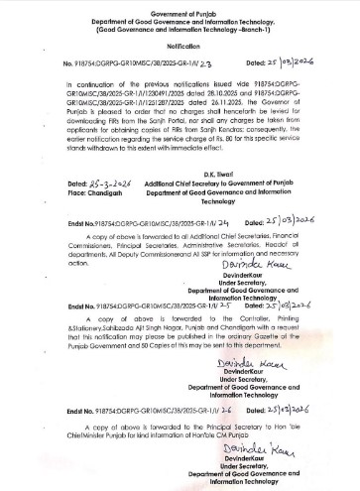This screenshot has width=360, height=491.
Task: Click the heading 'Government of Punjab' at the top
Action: tap(179, 6)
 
